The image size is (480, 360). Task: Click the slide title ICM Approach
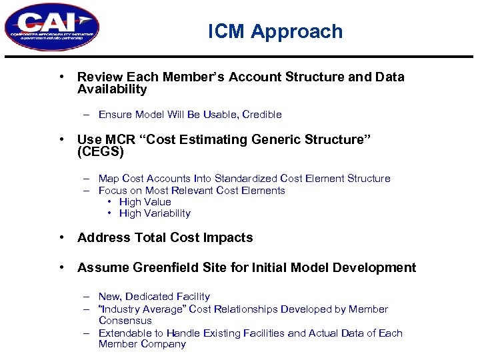[x=275, y=31]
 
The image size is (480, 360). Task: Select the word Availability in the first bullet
[x=112, y=89]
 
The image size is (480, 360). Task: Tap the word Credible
[x=262, y=115]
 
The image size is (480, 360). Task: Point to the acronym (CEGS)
[x=101, y=152]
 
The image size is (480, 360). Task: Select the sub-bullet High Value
[x=145, y=202]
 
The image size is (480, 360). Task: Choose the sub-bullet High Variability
[x=155, y=213]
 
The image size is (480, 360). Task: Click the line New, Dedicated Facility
[x=154, y=297]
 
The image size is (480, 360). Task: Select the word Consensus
[x=125, y=321]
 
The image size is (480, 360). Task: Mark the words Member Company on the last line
[x=142, y=344]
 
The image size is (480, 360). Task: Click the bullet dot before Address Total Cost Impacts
[x=61, y=238]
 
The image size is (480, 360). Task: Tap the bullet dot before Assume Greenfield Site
[x=61, y=268]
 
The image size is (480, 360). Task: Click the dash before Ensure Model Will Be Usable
[x=87, y=115]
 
